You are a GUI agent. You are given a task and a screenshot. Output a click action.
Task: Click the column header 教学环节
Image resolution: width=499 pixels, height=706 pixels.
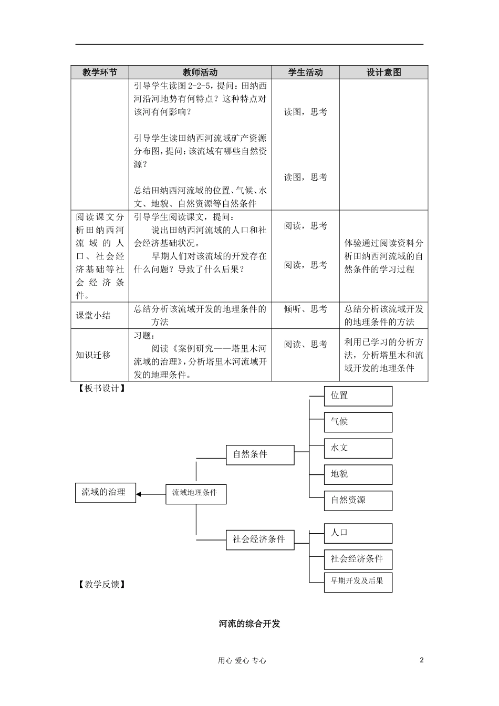(x=100, y=72)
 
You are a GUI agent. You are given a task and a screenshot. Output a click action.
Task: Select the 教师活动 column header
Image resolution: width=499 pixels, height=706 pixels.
(x=200, y=72)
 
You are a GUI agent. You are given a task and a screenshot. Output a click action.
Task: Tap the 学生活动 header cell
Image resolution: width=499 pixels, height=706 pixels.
(x=305, y=72)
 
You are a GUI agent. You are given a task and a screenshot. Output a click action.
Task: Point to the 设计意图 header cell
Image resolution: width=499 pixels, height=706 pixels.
(x=383, y=72)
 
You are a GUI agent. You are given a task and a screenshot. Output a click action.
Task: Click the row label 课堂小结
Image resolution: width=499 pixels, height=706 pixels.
(x=93, y=315)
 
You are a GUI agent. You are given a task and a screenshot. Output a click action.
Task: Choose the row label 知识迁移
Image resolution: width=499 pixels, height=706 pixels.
(x=93, y=355)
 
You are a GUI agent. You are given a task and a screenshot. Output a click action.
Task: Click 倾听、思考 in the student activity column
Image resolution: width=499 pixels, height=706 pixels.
(x=305, y=309)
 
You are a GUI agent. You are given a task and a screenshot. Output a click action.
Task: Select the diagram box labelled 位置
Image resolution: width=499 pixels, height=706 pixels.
(x=358, y=396)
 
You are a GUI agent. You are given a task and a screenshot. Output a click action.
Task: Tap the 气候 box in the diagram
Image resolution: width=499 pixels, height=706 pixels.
(x=358, y=422)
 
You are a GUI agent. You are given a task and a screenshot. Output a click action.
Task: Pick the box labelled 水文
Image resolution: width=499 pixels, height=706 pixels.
(x=358, y=448)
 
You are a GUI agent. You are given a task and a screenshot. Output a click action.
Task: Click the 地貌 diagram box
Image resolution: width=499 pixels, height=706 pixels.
(x=358, y=474)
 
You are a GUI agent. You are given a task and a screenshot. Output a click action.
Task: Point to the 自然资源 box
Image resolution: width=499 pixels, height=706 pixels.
(x=358, y=500)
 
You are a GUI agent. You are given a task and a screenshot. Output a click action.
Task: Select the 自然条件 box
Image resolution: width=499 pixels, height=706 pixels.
(x=260, y=454)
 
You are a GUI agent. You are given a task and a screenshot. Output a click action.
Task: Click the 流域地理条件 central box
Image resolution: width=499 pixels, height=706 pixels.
(x=196, y=493)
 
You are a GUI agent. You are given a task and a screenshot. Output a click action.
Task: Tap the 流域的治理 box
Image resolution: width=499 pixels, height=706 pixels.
(x=105, y=493)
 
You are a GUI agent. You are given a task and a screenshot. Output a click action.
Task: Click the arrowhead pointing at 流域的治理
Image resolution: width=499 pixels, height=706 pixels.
(x=139, y=494)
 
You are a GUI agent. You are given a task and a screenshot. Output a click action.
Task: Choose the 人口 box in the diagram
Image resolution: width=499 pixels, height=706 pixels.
(x=358, y=533)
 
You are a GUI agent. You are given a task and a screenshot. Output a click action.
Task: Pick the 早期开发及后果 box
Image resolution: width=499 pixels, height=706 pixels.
(x=358, y=582)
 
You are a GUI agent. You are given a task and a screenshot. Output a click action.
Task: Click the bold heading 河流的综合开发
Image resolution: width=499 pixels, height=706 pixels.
(x=250, y=624)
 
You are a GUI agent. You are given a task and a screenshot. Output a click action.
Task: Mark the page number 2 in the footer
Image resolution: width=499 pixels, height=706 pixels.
(x=421, y=660)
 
